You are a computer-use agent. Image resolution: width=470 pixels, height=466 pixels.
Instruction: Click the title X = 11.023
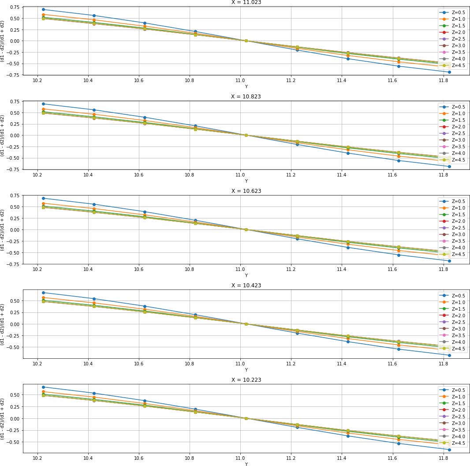246,2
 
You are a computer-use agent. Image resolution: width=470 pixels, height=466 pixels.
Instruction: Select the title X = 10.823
246,97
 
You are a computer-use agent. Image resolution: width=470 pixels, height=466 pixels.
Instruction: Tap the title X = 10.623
246,191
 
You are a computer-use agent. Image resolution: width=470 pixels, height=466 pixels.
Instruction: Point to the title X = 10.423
246,286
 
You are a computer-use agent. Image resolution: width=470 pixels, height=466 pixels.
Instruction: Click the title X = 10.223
246,380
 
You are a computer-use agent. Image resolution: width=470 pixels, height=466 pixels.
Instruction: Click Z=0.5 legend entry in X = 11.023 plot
452,12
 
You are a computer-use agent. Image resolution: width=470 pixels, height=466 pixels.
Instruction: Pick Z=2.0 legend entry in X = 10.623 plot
452,221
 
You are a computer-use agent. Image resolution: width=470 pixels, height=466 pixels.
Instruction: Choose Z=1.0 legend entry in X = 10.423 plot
452,302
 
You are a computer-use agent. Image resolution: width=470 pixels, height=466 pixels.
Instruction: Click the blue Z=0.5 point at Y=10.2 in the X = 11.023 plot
43,9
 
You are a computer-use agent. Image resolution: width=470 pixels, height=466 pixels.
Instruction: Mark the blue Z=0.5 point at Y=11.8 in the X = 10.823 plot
449,166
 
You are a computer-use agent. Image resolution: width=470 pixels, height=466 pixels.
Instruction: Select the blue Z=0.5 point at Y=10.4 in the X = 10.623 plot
94,204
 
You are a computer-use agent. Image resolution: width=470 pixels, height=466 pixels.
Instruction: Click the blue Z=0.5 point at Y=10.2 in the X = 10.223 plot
43,387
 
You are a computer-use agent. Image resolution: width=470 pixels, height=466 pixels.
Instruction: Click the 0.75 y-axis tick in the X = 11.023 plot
13,7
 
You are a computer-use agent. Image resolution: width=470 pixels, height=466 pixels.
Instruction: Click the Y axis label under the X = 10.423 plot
246,370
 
